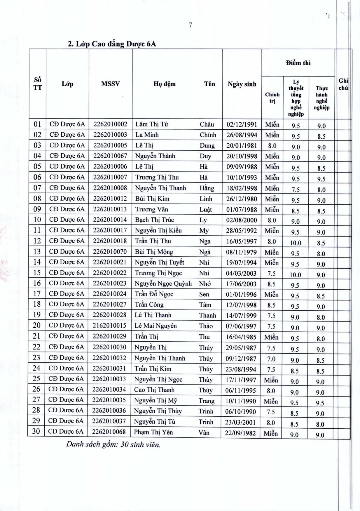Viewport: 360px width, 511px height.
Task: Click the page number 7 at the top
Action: click(191, 25)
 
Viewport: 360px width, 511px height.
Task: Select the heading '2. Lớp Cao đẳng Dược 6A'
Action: click(112, 44)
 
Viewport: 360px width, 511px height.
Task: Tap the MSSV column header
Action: click(110, 84)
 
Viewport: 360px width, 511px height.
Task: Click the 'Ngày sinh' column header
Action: click(242, 84)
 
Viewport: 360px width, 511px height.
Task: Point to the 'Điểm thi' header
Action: click(298, 63)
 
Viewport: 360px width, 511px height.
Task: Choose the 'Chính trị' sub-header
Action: click(272, 98)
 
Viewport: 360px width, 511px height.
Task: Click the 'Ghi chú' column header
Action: click(343, 84)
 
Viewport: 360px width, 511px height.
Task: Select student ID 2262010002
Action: click(110, 124)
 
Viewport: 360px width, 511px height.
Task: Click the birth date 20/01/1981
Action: click(242, 145)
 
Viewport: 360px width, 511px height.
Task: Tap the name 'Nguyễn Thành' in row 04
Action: click(155, 156)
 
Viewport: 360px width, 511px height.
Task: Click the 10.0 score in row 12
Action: click(295, 243)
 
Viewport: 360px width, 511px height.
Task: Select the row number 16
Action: click(37, 283)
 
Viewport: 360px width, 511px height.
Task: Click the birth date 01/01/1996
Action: click(241, 294)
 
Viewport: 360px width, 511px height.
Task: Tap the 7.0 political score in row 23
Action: click(271, 359)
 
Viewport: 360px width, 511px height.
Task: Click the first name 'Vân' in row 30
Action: click(204, 432)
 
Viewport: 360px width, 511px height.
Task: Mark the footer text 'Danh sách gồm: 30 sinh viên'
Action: click(113, 445)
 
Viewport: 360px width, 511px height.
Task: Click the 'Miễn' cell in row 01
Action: click(272, 125)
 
